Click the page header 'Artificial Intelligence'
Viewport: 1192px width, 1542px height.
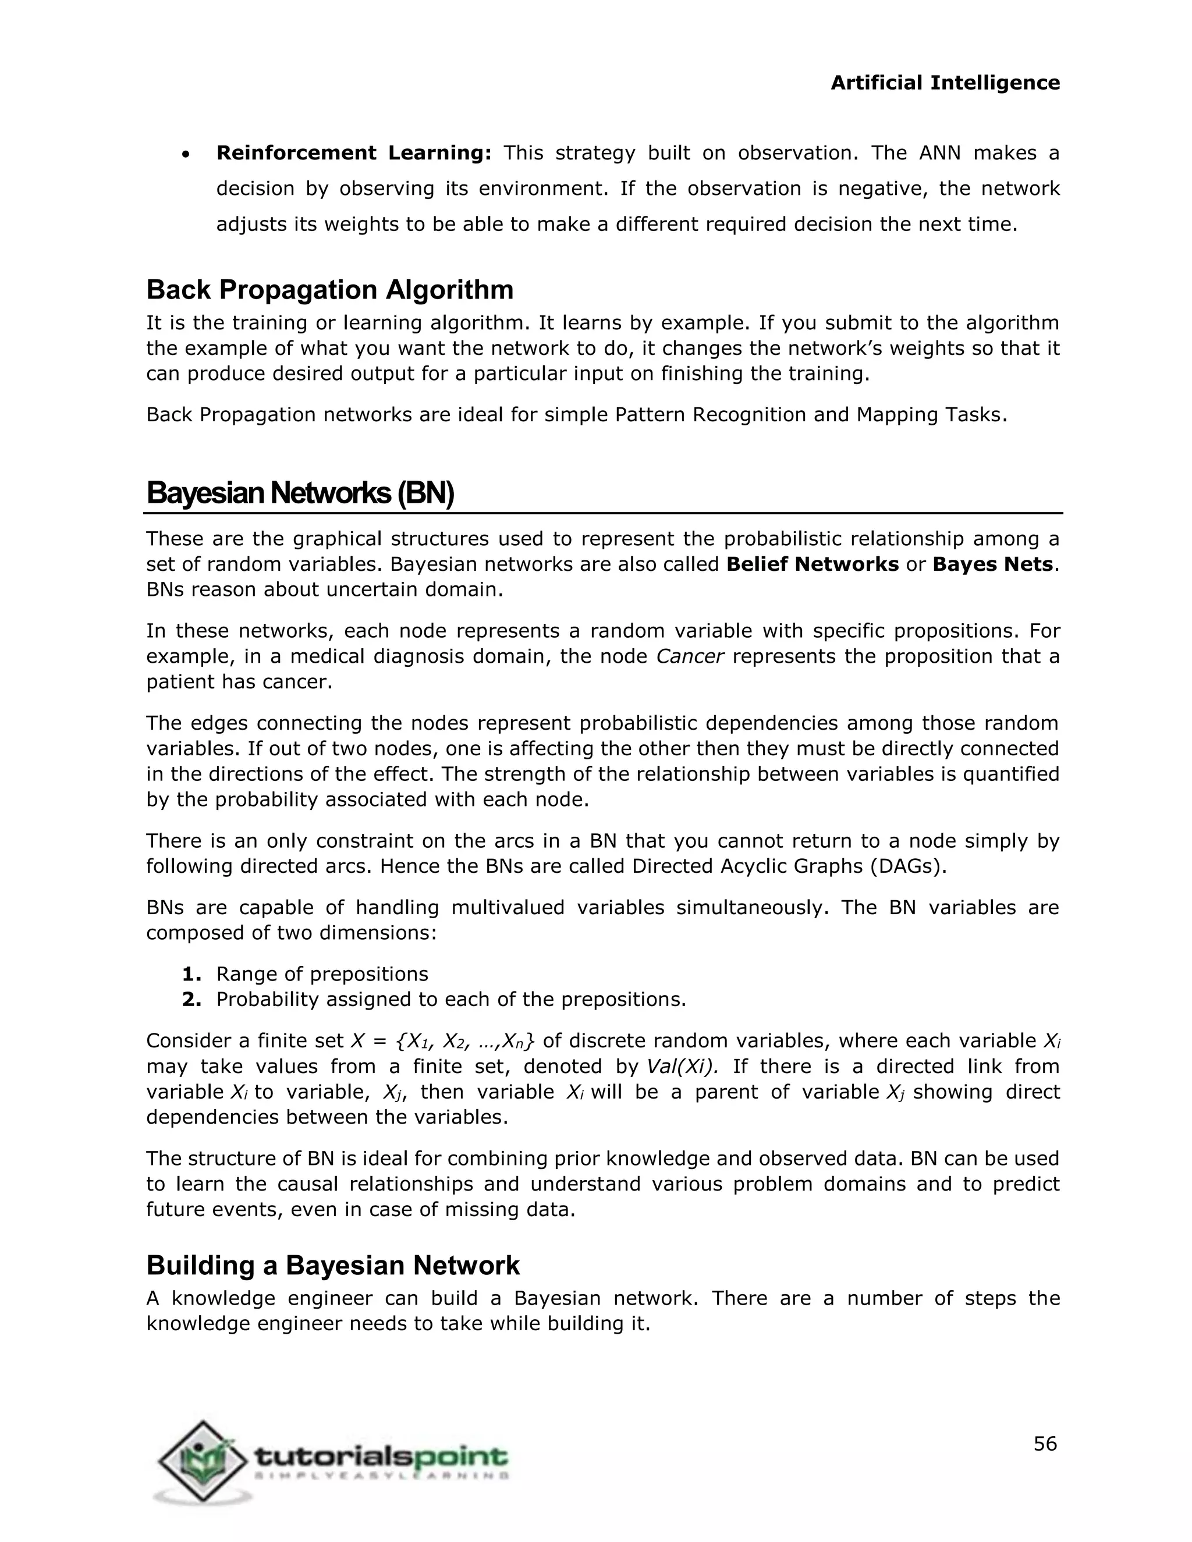point(944,83)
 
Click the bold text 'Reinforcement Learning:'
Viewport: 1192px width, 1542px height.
point(353,152)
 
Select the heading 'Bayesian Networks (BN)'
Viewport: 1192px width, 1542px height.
point(299,493)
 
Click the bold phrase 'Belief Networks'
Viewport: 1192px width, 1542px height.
point(811,564)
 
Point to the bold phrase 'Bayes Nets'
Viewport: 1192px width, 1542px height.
point(992,564)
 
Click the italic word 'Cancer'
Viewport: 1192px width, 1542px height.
point(689,656)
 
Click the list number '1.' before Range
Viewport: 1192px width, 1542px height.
point(191,973)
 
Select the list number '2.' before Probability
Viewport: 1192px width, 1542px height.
point(191,999)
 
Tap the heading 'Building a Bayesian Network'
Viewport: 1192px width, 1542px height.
point(332,1265)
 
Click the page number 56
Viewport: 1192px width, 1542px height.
point(1044,1444)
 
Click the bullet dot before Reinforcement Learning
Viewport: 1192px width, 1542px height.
point(185,155)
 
